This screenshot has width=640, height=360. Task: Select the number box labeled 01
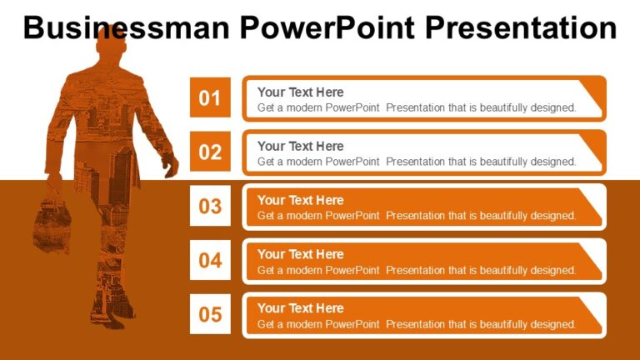pyautogui.click(x=210, y=98)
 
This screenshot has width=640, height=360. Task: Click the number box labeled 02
pyautogui.click(x=210, y=152)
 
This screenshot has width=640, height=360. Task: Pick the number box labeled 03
pyautogui.click(x=210, y=206)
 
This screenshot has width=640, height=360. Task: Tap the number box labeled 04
pyautogui.click(x=210, y=260)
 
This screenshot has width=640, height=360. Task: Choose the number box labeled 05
pyautogui.click(x=210, y=314)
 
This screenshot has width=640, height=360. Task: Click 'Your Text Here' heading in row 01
pyautogui.click(x=300, y=92)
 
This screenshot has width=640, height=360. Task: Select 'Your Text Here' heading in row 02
pyautogui.click(x=300, y=147)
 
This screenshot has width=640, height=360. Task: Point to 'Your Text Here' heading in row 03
pyautogui.click(x=300, y=200)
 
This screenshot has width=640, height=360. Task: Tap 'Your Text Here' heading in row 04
pyautogui.click(x=300, y=254)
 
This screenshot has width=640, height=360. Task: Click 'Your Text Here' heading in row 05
pyautogui.click(x=300, y=308)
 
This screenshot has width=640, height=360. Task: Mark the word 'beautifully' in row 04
pyautogui.click(x=504, y=270)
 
